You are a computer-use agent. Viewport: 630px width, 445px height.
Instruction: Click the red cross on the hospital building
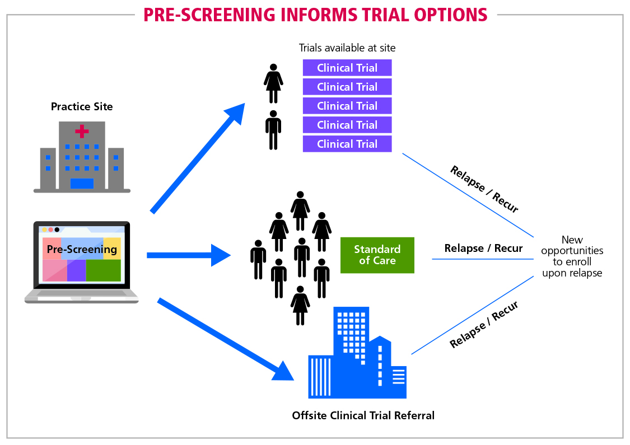tap(82, 132)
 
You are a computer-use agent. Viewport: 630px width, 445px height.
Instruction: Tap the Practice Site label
tap(82, 106)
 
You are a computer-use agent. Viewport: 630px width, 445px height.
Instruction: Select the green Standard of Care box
tap(377, 255)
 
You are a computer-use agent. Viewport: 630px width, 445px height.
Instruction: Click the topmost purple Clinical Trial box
tap(347, 68)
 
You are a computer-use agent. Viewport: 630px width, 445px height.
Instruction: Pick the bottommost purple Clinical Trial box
tap(347, 144)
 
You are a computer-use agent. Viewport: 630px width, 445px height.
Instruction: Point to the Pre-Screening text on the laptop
tap(82, 249)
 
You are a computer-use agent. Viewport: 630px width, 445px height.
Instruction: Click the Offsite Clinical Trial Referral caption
tap(363, 415)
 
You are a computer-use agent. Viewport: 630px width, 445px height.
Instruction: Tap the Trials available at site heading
tap(347, 48)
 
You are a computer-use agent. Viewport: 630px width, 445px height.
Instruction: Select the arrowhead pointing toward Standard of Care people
tap(221, 255)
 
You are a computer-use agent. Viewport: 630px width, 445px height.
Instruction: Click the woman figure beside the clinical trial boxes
tap(273, 83)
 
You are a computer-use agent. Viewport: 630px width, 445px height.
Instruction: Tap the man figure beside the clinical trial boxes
tap(273, 130)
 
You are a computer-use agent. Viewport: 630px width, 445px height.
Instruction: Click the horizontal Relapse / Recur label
tap(483, 248)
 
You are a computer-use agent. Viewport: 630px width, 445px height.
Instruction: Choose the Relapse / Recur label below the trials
tap(484, 189)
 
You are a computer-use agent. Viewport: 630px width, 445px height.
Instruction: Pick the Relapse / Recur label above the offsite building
tap(484, 324)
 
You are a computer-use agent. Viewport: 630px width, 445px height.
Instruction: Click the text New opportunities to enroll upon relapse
tap(572, 256)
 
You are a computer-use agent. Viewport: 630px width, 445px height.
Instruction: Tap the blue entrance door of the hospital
tap(82, 183)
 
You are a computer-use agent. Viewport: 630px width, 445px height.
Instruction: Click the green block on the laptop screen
tap(103, 270)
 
